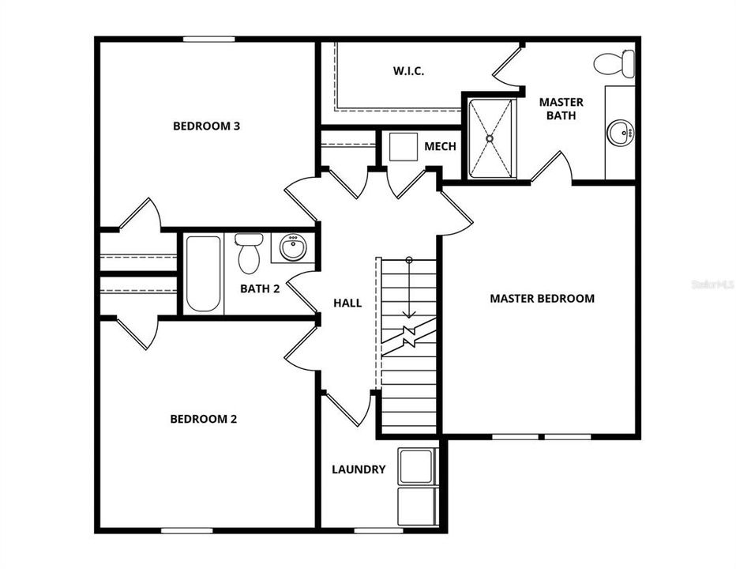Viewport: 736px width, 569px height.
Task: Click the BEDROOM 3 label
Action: click(x=206, y=126)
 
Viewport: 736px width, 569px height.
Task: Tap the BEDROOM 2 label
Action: click(x=204, y=419)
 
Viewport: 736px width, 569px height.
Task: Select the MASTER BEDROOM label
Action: click(x=542, y=298)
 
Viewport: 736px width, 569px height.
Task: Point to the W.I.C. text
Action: click(x=408, y=71)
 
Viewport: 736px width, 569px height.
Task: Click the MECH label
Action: click(x=440, y=147)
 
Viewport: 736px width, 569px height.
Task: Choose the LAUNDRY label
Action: click(x=359, y=469)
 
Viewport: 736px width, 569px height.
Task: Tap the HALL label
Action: click(x=347, y=303)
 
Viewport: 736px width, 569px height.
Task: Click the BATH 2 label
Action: click(x=260, y=288)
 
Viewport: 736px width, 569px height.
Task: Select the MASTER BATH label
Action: click(x=561, y=108)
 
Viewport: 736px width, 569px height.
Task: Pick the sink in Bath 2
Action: click(x=294, y=247)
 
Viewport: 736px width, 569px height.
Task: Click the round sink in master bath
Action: click(x=621, y=133)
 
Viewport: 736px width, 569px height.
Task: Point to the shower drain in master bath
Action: click(x=490, y=138)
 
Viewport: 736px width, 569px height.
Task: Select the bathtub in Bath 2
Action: click(x=204, y=273)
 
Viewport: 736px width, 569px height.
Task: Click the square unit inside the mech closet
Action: click(x=404, y=147)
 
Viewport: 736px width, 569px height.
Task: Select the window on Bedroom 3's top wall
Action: click(x=208, y=39)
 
